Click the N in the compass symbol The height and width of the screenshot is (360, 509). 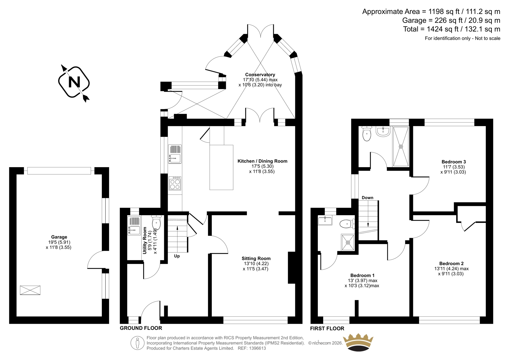click(x=74, y=82)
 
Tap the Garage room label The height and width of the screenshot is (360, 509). click(x=59, y=237)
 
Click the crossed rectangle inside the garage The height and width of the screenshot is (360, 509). click(x=30, y=290)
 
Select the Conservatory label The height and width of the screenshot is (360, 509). click(x=260, y=74)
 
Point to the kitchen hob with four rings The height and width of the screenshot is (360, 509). click(x=175, y=183)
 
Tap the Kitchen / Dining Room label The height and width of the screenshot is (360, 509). click(x=262, y=161)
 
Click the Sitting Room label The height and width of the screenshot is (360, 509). click(x=256, y=258)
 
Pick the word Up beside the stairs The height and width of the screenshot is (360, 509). click(x=177, y=256)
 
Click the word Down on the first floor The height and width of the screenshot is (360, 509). click(x=367, y=198)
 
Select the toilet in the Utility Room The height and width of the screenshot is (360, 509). click(x=156, y=222)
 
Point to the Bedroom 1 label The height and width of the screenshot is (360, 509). click(x=362, y=275)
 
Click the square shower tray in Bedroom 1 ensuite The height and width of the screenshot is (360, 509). click(x=348, y=243)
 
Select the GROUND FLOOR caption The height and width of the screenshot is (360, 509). click(x=141, y=328)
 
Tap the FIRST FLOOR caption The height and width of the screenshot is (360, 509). click(x=327, y=328)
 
